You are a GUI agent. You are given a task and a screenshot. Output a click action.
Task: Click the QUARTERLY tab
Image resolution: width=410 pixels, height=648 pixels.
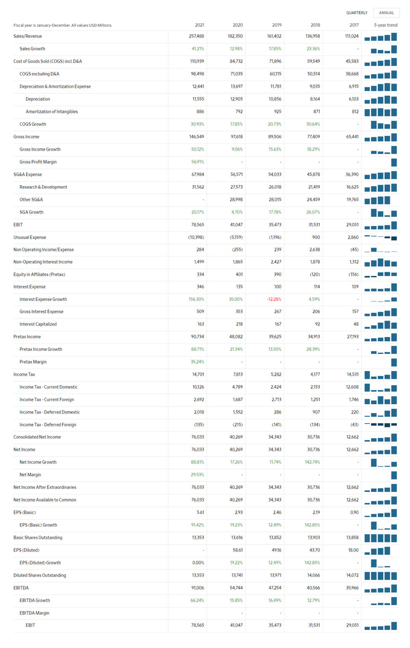pos(356,13)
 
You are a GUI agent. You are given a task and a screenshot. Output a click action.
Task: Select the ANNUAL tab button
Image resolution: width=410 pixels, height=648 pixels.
pos(386,13)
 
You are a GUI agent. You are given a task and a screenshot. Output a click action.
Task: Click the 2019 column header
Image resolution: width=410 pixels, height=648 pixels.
pos(276,25)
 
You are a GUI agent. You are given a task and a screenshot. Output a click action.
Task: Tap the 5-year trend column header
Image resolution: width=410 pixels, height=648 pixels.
pos(385,25)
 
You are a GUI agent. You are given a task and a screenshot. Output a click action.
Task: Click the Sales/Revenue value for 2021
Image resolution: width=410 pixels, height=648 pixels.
pos(196,36)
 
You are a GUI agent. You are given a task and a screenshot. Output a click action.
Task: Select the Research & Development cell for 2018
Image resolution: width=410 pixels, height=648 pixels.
pos(313,187)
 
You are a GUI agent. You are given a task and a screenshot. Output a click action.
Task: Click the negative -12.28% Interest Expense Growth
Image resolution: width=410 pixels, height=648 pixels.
pos(274,299)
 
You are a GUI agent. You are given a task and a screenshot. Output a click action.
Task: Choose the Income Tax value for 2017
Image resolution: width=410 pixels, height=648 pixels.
pos(352,374)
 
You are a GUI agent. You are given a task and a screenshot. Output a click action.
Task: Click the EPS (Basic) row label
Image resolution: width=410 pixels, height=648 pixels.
pos(24,512)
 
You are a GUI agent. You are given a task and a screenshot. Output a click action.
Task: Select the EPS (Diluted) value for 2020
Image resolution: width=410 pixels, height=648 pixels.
pos(237,550)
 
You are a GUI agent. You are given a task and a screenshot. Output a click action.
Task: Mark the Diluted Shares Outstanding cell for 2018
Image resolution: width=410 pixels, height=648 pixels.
pos(313,575)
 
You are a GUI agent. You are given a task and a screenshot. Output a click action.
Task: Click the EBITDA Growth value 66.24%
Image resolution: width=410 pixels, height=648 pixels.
pos(197,600)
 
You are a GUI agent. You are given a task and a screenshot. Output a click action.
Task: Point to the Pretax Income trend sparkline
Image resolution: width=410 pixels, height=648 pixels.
pos(380,337)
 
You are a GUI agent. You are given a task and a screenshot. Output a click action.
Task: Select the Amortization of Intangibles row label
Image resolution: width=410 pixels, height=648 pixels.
pos(51,112)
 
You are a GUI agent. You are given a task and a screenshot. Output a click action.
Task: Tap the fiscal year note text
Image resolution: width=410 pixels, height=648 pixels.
pos(63,25)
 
